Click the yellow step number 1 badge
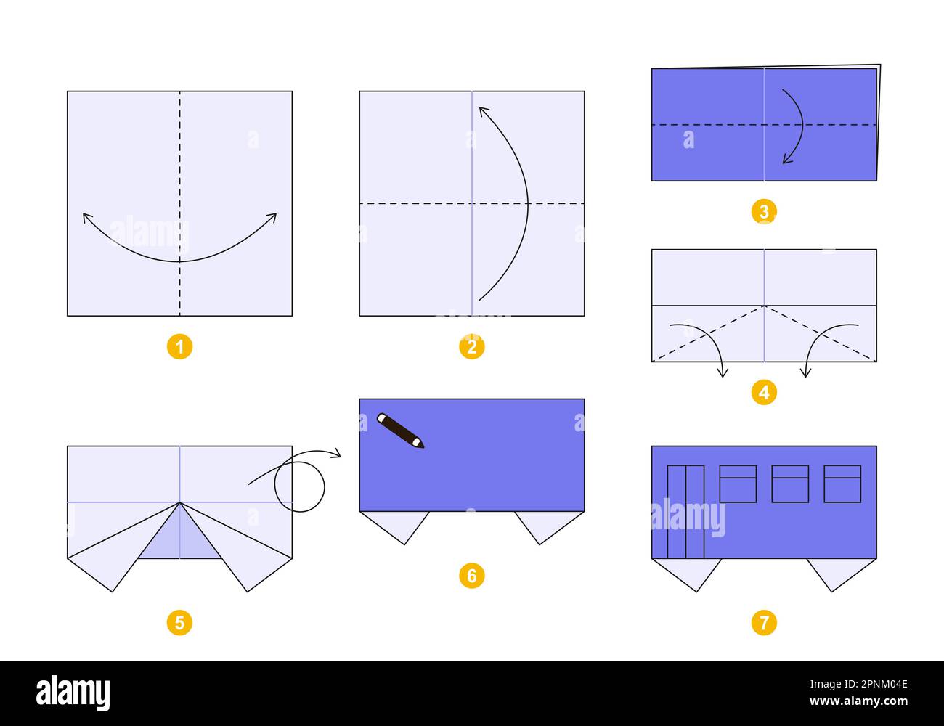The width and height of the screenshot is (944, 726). click(179, 347)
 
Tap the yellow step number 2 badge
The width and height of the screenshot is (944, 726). click(472, 347)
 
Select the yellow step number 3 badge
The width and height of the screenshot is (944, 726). click(764, 211)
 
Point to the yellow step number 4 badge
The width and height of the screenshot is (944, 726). click(764, 393)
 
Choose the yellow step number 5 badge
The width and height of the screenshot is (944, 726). click(179, 622)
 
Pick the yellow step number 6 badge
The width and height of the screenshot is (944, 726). click(472, 576)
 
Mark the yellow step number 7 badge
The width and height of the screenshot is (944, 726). click(764, 622)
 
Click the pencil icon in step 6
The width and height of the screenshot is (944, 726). click(400, 431)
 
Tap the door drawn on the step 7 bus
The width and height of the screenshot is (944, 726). click(685, 511)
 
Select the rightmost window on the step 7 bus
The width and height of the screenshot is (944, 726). click(842, 484)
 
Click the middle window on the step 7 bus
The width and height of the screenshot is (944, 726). click(790, 484)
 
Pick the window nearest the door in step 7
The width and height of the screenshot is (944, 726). click(738, 484)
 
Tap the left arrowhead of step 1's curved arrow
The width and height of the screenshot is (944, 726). click(85, 216)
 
